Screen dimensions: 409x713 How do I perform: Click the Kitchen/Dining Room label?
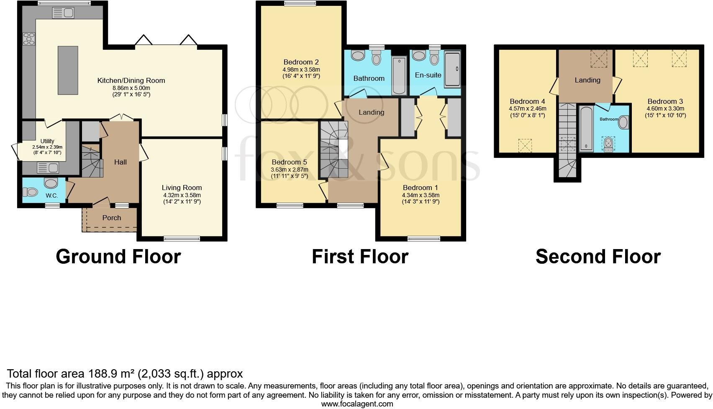[x=131, y=80]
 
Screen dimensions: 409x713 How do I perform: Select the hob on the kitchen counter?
[x=29, y=39]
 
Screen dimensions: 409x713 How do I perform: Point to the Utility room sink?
[x=48, y=168]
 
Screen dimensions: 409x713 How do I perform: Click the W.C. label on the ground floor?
[x=51, y=195]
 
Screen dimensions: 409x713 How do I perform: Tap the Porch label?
[x=112, y=218]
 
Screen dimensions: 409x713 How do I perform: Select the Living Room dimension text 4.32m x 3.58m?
[x=182, y=195]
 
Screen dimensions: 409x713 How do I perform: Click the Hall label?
[x=121, y=162]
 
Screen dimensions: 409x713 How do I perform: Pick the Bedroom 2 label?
[x=301, y=62]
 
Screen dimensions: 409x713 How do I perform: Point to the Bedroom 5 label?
[x=289, y=162]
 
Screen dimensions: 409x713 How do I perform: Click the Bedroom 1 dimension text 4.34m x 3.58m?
[x=421, y=195]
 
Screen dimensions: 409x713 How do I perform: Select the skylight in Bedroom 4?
[x=525, y=146]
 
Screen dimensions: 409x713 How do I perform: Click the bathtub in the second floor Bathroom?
[x=586, y=129]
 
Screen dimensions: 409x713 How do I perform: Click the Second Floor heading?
[x=598, y=257]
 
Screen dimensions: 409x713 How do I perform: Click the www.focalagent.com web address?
[x=357, y=404]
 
